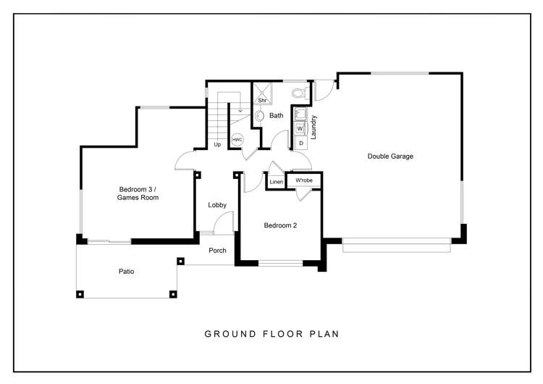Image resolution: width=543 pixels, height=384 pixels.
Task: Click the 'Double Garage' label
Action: click(x=390, y=156)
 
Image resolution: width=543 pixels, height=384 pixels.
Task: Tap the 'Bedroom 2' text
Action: click(x=280, y=225)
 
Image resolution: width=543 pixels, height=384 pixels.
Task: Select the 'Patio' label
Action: click(x=127, y=272)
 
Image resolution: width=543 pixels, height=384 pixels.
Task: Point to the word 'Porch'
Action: click(x=217, y=251)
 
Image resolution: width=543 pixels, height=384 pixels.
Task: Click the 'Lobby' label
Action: click(x=217, y=205)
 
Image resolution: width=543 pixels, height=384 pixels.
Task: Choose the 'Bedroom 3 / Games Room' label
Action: click(x=138, y=193)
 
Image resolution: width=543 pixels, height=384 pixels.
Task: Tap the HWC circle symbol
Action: click(x=237, y=139)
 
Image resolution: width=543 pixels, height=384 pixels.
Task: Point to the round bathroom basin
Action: click(x=258, y=116)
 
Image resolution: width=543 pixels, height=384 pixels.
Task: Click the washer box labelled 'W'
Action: click(x=300, y=129)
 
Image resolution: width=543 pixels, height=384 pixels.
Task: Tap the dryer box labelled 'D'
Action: click(x=300, y=143)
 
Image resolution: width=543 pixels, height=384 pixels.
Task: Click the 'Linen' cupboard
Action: click(x=276, y=182)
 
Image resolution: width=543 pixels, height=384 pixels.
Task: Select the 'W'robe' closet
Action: click(x=303, y=180)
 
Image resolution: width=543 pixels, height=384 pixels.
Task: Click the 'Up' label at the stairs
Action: click(x=217, y=145)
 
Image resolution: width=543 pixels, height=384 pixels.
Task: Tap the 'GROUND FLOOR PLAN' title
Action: click(x=271, y=334)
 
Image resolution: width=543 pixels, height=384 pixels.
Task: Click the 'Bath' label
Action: click(x=277, y=116)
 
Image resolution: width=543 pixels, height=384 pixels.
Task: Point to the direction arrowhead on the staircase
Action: click(x=240, y=111)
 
